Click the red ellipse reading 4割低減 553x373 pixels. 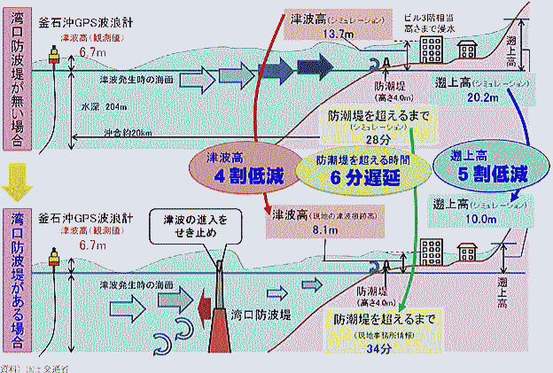click(x=249, y=168)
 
